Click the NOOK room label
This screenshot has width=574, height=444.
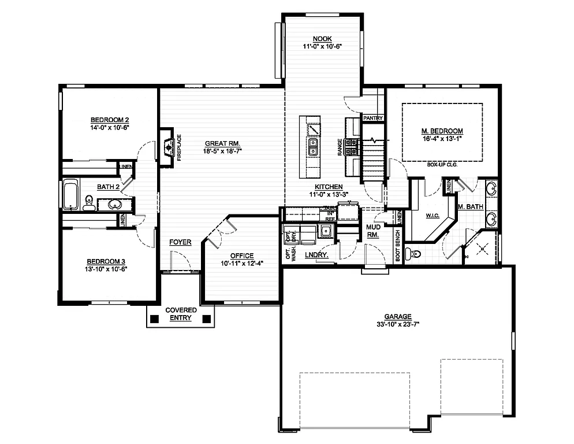322,39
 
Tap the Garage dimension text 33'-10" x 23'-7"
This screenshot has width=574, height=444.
397,324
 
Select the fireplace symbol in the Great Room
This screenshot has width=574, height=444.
167,148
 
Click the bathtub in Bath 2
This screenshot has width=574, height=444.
70,194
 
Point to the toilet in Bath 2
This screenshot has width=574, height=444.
89,202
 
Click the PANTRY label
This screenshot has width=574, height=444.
373,118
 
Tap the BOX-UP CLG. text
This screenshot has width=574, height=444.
442,165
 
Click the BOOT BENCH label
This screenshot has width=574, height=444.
398,247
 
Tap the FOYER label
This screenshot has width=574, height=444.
180,242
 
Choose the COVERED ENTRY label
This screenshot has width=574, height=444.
181,314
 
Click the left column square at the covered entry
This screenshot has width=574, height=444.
154,317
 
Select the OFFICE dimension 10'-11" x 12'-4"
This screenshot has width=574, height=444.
242,264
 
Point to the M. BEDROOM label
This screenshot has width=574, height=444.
442,131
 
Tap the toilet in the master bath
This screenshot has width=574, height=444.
411,253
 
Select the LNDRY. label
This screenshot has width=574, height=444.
316,254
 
